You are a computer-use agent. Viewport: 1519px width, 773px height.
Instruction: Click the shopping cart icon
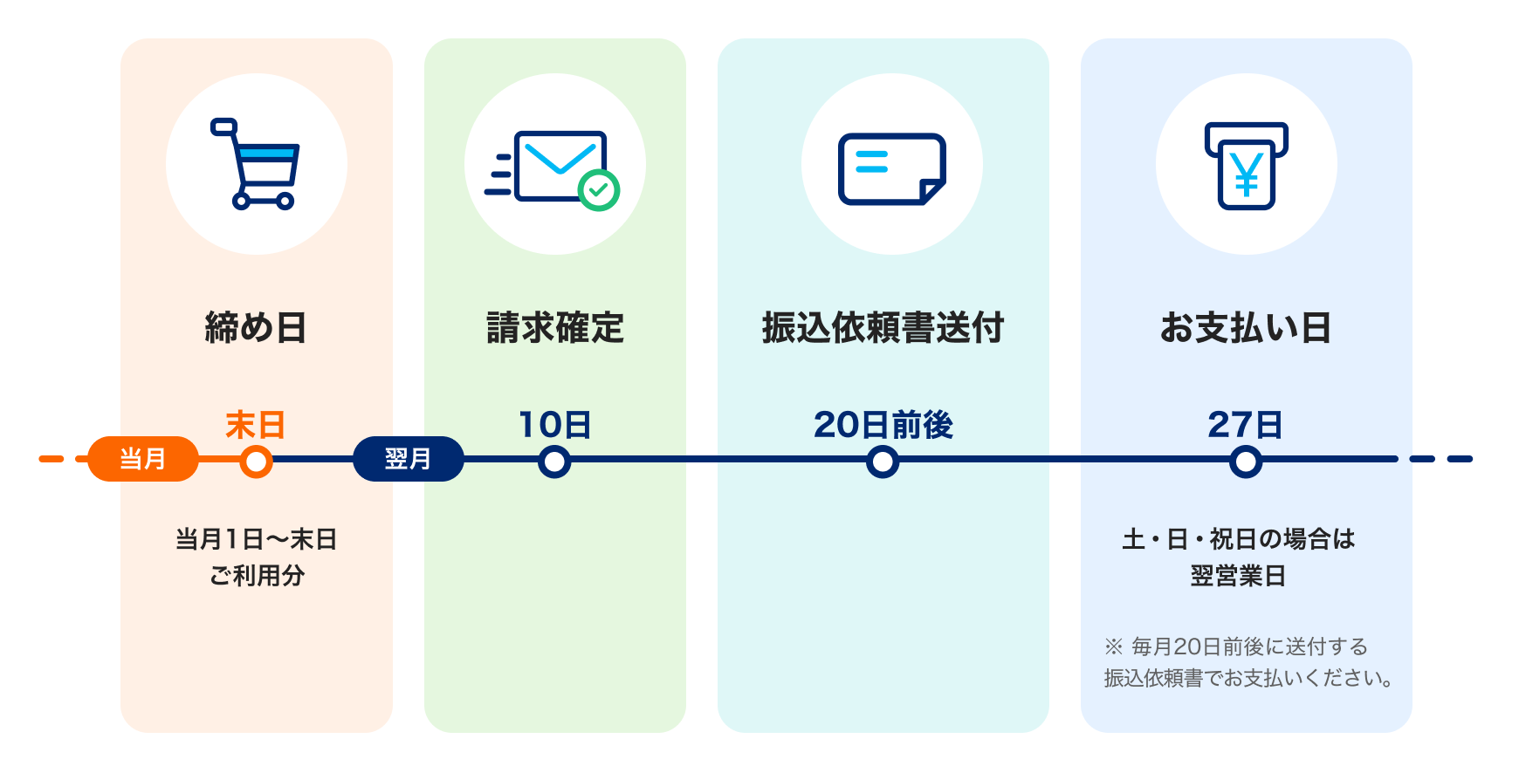257,164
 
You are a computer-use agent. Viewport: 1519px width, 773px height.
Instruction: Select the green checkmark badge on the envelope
599,189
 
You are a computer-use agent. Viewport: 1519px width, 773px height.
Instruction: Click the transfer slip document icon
891,168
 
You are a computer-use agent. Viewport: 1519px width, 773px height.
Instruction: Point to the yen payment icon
1247,166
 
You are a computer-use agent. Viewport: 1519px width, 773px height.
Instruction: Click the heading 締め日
256,328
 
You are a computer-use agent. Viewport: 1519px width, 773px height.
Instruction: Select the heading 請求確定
555,328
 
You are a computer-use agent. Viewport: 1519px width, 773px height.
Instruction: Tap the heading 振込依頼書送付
883,328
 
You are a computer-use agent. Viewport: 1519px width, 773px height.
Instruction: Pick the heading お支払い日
1246,328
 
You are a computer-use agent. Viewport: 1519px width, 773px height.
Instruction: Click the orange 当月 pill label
142,459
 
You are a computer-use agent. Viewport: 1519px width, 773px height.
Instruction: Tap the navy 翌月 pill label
408,459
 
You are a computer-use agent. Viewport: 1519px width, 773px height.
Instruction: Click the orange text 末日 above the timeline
255,426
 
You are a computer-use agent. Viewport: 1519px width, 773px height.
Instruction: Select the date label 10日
555,426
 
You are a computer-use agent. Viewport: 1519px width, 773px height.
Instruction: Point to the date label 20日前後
883,426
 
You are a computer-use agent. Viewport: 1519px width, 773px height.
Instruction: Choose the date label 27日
1246,426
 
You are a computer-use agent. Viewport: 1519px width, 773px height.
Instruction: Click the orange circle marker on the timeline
256,462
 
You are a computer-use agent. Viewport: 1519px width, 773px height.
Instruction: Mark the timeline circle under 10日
554,462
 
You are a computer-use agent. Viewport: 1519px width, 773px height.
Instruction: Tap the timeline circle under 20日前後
883,462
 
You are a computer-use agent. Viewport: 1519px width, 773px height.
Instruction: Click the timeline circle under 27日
1246,462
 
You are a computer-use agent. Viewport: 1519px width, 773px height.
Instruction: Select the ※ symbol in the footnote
1113,646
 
